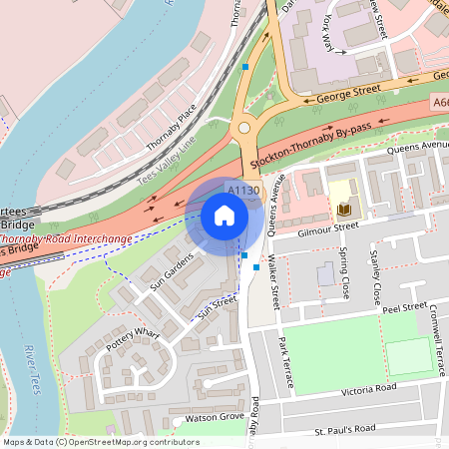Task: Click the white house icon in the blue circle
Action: pos(224,216)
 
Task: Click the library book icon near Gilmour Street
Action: pos(344,210)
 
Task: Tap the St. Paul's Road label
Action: pos(345,429)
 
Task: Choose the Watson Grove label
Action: pos(210,416)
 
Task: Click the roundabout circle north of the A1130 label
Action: pos(242,128)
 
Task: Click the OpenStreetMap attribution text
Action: pos(100,442)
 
